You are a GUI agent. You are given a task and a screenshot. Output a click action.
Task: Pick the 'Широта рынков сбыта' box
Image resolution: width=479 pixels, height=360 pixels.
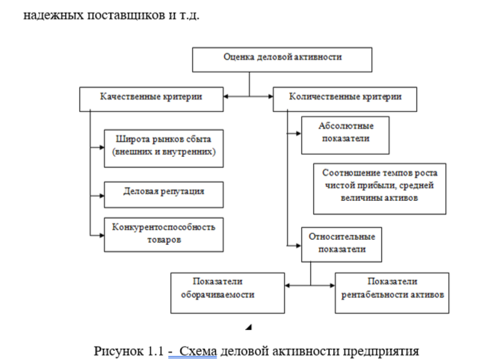click(163, 146)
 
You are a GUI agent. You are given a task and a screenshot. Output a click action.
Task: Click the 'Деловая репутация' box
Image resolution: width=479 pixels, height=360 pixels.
click(163, 193)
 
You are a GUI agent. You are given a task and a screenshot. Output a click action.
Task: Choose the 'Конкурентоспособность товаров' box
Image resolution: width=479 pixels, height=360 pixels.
click(163, 233)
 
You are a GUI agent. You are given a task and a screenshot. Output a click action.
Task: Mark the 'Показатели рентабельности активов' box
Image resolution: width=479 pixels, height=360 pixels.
click(392, 290)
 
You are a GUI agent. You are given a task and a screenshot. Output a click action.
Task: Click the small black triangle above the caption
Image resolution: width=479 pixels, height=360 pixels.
click(249, 326)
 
